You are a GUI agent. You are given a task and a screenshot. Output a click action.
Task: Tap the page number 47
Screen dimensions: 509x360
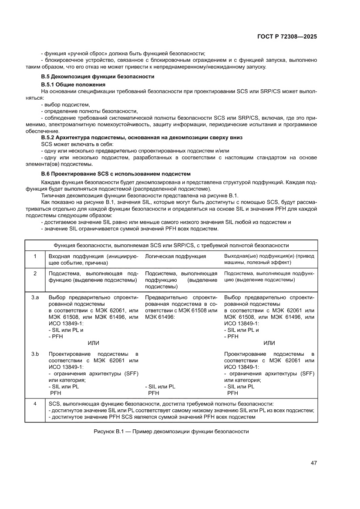313,462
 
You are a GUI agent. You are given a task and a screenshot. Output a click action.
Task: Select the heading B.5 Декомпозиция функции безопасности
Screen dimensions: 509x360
98,76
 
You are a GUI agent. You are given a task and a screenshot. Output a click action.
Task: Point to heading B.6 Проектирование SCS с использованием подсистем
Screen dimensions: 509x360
116,174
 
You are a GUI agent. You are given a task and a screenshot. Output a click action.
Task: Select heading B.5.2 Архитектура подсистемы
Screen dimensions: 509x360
141,138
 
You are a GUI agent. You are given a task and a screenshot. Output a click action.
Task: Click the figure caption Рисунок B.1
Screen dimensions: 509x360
171,431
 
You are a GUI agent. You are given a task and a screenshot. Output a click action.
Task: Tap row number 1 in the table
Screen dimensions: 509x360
35,256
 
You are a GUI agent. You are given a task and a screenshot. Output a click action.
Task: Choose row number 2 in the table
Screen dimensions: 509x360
35,273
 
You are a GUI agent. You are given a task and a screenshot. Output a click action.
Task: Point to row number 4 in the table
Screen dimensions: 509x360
35,404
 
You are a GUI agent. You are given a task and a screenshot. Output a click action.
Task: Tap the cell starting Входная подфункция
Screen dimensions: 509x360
93,260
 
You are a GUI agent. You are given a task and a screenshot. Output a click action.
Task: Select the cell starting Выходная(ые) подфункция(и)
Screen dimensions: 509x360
269,260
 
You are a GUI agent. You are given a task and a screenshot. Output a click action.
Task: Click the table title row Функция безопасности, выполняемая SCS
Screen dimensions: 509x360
171,246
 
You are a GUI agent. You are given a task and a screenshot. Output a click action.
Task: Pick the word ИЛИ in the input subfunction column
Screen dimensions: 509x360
93,343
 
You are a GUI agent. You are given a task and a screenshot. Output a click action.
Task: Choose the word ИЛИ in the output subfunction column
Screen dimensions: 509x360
269,343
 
